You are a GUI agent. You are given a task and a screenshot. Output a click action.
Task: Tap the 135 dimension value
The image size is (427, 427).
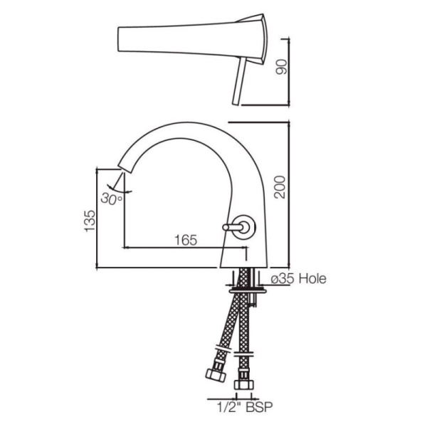click(x=88, y=221)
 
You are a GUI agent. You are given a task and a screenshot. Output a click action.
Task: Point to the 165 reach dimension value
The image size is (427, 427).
click(x=184, y=241)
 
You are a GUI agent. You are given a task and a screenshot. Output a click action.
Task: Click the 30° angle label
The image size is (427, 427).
click(x=112, y=199)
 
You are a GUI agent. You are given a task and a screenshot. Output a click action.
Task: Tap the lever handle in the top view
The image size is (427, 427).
click(x=236, y=83)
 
